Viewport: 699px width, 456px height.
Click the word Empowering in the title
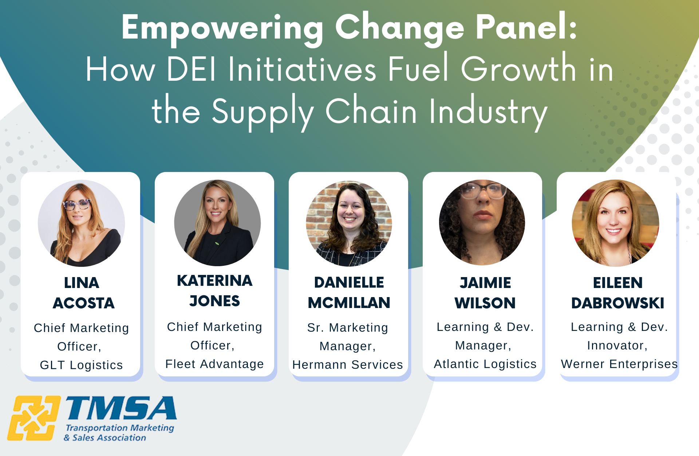[x=222, y=28]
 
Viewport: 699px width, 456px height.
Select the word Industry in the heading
[x=488, y=112]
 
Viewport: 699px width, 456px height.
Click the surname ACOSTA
[x=84, y=303]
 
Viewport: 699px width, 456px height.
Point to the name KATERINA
[x=214, y=281]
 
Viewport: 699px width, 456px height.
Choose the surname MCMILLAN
[x=349, y=303]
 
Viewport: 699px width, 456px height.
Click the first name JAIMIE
[x=485, y=283]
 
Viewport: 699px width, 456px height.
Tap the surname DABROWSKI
[x=617, y=303]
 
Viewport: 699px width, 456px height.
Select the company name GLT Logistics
[x=81, y=365]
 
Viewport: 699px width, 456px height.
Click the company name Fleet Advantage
[x=214, y=364]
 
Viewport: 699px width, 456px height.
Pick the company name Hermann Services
[x=348, y=364]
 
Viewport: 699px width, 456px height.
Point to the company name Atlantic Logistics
[x=485, y=364]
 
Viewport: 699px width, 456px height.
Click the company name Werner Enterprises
[x=619, y=364]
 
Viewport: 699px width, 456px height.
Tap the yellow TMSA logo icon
[x=33, y=418]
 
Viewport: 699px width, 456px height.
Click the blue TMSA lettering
[x=121, y=408]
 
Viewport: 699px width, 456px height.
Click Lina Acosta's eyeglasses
[x=77, y=204]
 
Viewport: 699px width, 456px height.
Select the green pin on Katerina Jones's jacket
[x=217, y=243]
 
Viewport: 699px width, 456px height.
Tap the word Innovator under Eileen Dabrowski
[x=617, y=345]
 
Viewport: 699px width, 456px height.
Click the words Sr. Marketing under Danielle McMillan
[x=347, y=327]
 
